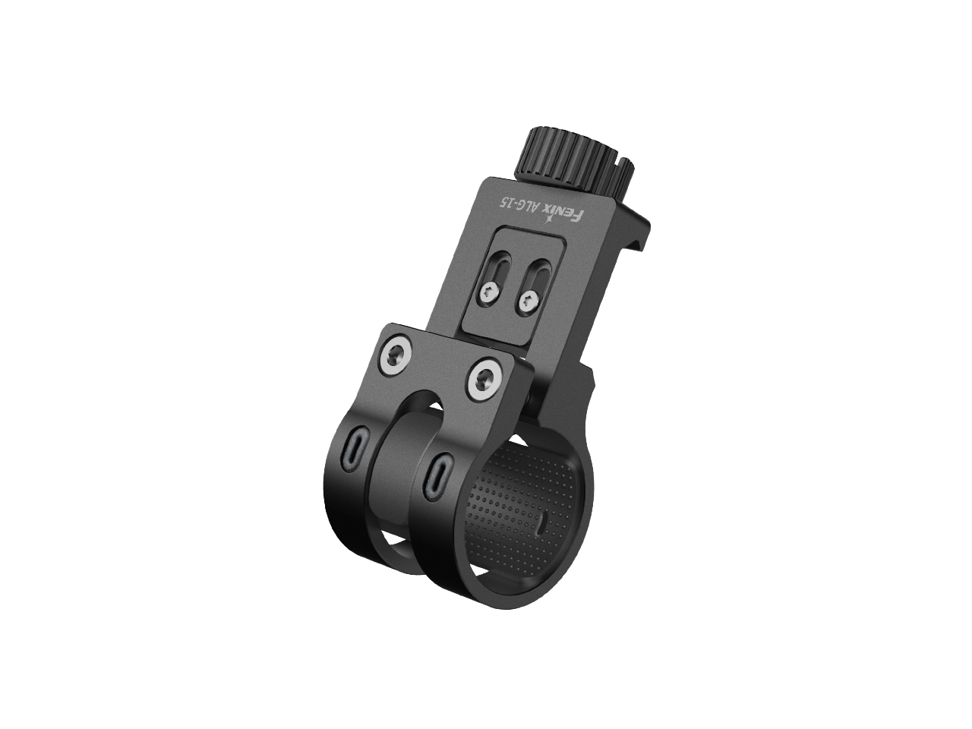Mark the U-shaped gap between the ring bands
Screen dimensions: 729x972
[419, 410]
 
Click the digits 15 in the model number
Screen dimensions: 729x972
[506, 201]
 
